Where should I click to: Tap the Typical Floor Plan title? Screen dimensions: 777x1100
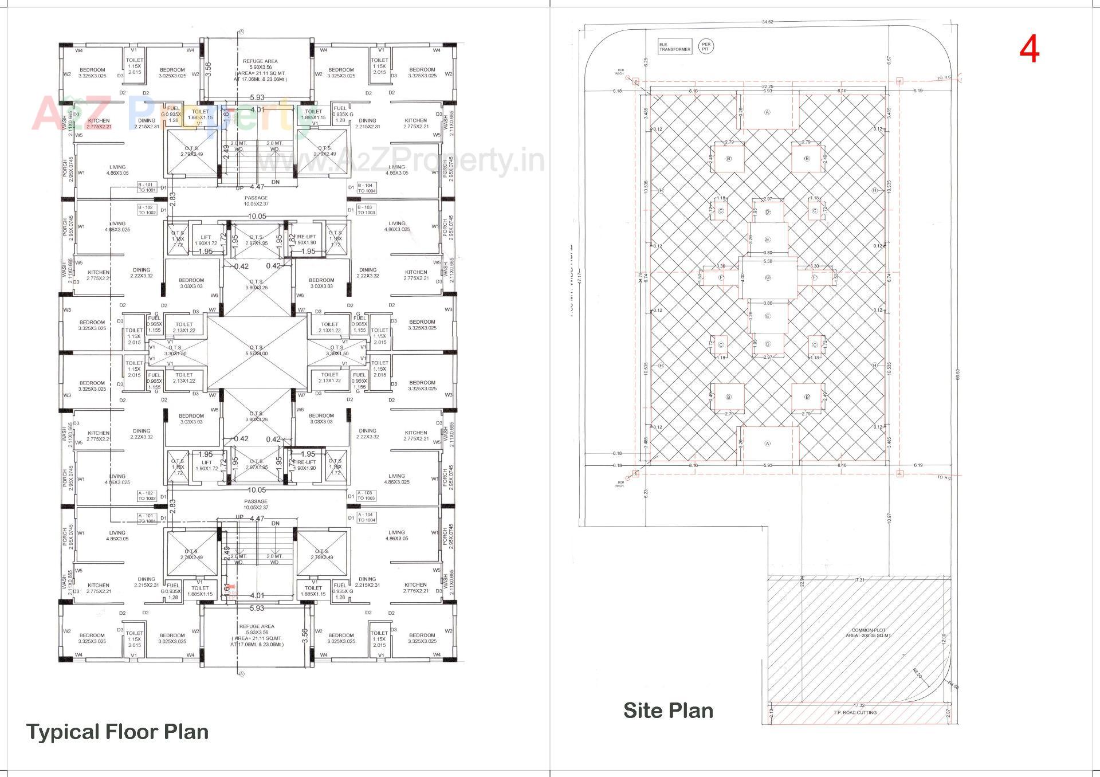click(117, 732)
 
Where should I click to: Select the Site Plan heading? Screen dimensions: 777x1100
click(668, 711)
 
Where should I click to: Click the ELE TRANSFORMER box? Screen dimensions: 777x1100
click(674, 48)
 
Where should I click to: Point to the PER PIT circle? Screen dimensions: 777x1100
click(706, 46)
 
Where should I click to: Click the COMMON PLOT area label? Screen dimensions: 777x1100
click(869, 633)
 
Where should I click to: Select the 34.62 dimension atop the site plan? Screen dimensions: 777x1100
click(768, 22)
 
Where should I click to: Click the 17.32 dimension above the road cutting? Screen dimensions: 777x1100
click(858, 705)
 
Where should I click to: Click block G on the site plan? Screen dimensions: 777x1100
click(768, 278)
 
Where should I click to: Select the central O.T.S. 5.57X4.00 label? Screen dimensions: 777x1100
click(256, 351)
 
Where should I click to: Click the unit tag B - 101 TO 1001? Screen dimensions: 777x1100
click(147, 187)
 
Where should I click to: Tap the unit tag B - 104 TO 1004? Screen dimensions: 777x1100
click(366, 187)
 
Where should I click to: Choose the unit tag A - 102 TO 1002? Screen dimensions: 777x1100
click(147, 496)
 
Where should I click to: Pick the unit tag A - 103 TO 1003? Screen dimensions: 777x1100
click(366, 496)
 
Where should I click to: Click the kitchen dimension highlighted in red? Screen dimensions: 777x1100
click(99, 126)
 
